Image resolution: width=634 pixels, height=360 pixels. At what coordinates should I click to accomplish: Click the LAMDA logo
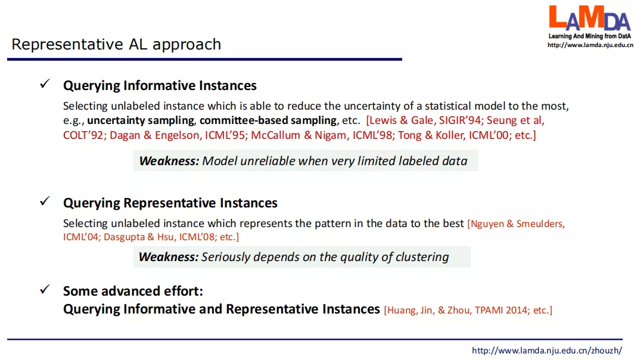(x=589, y=18)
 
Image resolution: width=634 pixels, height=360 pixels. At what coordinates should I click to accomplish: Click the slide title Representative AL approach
(x=116, y=45)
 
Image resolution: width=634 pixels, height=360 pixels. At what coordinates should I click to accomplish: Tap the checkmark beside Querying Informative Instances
(x=45, y=83)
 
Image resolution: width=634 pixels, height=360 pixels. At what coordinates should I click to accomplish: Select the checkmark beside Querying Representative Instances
(x=45, y=201)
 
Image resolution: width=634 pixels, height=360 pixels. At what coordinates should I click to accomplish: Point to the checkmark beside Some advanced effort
(x=45, y=289)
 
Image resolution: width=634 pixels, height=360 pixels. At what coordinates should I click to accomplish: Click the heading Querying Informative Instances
(x=160, y=86)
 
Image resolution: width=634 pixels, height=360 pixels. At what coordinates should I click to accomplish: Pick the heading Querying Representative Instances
(x=170, y=203)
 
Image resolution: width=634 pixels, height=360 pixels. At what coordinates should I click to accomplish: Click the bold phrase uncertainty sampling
(x=141, y=120)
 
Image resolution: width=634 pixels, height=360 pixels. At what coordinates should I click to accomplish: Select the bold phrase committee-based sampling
(x=268, y=120)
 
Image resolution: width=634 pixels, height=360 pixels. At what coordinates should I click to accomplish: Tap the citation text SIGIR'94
(x=460, y=120)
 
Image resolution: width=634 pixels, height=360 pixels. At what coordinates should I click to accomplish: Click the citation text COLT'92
(x=83, y=135)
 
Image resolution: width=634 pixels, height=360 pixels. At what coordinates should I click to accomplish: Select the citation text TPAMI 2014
(x=501, y=311)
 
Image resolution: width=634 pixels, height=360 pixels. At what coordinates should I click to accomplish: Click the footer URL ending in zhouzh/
(x=547, y=350)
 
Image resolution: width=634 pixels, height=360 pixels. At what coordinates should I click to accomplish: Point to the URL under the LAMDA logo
(x=591, y=45)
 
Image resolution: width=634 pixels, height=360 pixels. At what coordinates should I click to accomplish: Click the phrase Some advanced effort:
(x=133, y=291)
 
